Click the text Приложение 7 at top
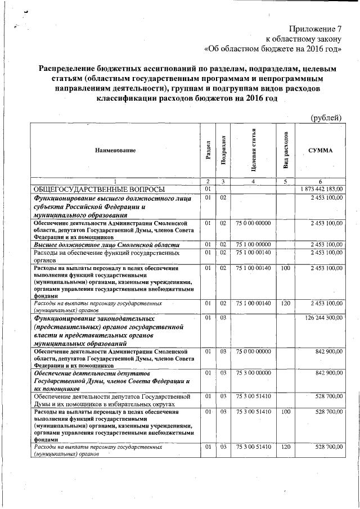pyautogui.click(x=316, y=28)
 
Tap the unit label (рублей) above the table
pyautogui.click(x=326, y=117)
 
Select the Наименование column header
pyautogui.click(x=115, y=150)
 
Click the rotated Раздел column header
pyautogui.click(x=208, y=150)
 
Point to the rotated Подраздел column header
pyautogui.click(x=223, y=150)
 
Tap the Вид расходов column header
pyautogui.click(x=286, y=150)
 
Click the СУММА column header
pyautogui.click(x=320, y=150)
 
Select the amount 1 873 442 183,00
pyautogui.click(x=322, y=189)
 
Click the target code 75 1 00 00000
pyautogui.click(x=254, y=245)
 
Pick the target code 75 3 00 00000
pyautogui.click(x=254, y=373)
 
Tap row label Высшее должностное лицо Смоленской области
pyautogui.click(x=107, y=245)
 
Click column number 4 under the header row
pyautogui.click(x=254, y=181)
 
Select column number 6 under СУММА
pyautogui.click(x=320, y=181)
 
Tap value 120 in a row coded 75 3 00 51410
pyautogui.click(x=286, y=447)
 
